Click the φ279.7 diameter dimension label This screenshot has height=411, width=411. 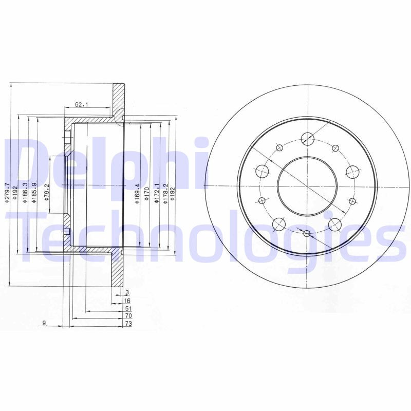click(7, 193)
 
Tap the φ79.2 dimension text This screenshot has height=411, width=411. click(47, 192)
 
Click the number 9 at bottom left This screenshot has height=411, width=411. click(45, 323)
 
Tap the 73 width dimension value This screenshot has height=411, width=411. click(128, 324)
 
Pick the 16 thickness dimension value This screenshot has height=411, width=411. click(127, 301)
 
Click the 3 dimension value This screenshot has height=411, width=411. click(127, 292)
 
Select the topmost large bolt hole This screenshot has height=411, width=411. click(307, 138)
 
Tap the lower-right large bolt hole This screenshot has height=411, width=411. click(335, 223)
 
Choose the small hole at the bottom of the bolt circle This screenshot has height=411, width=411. click(307, 234)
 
